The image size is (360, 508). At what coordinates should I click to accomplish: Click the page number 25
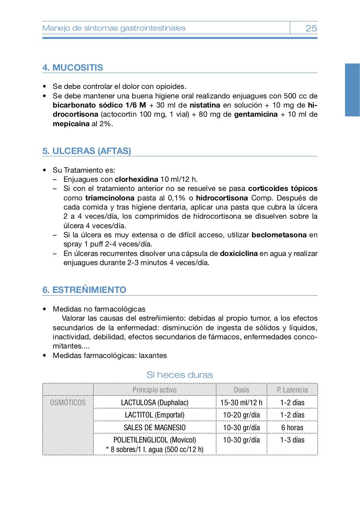(311, 28)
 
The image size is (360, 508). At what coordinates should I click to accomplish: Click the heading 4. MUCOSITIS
(73, 67)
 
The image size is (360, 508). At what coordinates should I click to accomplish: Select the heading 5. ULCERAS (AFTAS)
(87, 151)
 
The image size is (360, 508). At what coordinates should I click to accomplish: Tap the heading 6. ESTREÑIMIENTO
(84, 290)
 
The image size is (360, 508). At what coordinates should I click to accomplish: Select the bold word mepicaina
(71, 123)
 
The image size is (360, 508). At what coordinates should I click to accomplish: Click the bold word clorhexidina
(136, 179)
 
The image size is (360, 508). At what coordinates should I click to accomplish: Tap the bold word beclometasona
(279, 235)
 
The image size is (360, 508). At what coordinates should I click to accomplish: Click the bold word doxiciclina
(239, 253)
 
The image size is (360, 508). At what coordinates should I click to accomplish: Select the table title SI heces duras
(179, 375)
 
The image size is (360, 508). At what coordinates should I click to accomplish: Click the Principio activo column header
(154, 390)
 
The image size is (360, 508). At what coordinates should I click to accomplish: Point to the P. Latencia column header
(292, 390)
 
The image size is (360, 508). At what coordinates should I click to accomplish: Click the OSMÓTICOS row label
(68, 402)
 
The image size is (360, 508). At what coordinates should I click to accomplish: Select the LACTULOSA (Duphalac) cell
(154, 402)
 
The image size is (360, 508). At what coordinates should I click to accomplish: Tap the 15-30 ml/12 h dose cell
(241, 402)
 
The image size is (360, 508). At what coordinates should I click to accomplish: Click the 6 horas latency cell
(292, 427)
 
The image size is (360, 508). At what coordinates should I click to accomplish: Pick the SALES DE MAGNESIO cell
(154, 427)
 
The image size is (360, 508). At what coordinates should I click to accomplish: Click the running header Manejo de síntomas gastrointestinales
(114, 28)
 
